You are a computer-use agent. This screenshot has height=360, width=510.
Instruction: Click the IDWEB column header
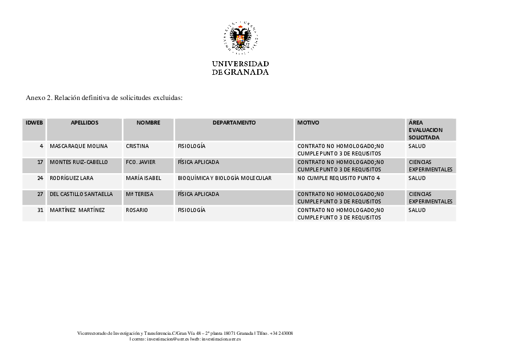click(x=34, y=123)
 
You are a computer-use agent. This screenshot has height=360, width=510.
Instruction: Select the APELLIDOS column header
click(x=85, y=123)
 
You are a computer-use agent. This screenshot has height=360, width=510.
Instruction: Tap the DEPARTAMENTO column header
click(x=234, y=123)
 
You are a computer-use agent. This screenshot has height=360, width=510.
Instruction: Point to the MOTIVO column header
click(x=308, y=123)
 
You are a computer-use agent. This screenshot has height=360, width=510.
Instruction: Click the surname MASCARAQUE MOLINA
click(x=78, y=146)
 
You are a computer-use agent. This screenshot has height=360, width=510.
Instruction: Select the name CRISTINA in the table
click(x=137, y=146)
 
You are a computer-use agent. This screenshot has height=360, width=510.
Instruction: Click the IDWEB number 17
click(x=40, y=162)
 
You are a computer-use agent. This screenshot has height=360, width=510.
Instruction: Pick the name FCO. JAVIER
click(x=140, y=162)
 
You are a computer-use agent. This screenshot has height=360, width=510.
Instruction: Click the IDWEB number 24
click(x=40, y=178)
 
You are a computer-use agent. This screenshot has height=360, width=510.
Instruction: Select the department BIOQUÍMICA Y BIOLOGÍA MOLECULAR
click(x=224, y=178)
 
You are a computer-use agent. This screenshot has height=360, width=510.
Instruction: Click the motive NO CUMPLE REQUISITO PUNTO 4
click(x=338, y=178)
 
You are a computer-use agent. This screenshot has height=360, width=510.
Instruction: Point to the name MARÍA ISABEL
click(x=143, y=178)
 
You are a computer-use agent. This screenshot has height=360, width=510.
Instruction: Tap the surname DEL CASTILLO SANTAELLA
click(x=81, y=194)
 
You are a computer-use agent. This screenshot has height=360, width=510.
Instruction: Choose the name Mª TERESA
click(x=140, y=194)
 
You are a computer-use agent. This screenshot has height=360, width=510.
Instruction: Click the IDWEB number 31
click(x=40, y=210)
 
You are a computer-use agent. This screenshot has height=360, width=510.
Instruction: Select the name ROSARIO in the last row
click(x=137, y=210)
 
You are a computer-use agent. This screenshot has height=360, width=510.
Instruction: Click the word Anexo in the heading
click(x=35, y=98)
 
